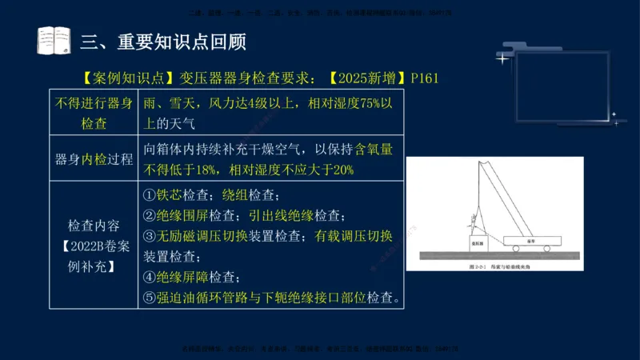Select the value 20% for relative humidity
coord(341,169)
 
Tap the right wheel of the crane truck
coord(546,248)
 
